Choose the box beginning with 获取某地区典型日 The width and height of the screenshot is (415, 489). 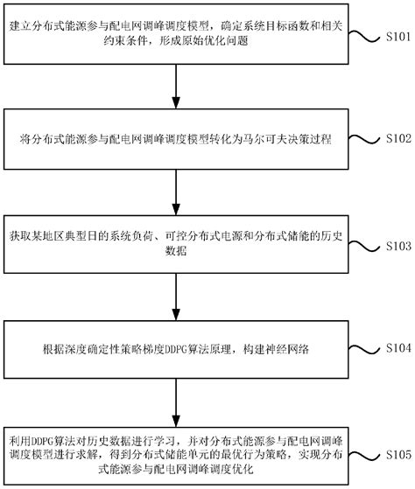pyautogui.click(x=178, y=241)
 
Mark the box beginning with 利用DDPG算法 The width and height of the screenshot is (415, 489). pyautogui.click(x=178, y=450)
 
